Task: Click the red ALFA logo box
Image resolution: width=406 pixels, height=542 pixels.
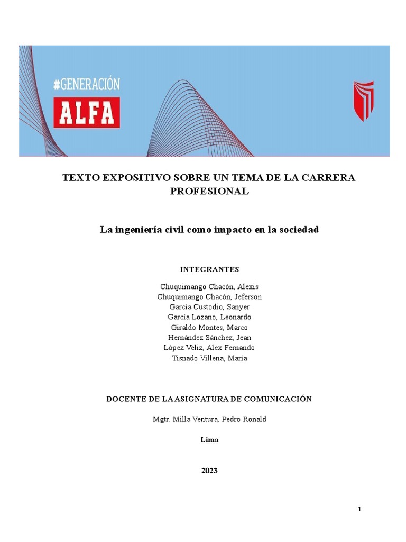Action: (87, 111)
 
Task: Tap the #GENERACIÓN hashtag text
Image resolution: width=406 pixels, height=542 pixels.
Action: (87, 84)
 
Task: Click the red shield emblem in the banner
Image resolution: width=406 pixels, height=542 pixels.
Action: (363, 101)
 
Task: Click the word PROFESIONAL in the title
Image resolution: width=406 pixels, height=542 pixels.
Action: (209, 192)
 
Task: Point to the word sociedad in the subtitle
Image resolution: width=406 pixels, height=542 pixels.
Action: (298, 230)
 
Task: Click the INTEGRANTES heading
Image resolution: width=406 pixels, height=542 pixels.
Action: (209, 269)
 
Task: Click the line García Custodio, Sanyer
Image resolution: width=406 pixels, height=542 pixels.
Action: (209, 307)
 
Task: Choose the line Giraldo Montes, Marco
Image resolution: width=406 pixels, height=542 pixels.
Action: (209, 328)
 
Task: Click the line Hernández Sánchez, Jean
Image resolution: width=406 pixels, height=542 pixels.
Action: (209, 338)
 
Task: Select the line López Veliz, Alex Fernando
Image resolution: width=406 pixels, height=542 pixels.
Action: (209, 348)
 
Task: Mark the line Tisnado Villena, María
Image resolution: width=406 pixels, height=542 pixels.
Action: (209, 358)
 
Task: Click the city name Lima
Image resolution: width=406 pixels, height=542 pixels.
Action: (209, 440)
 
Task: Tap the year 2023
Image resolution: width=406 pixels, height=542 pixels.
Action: (209, 471)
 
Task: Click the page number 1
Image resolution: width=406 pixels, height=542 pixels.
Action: (359, 509)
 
